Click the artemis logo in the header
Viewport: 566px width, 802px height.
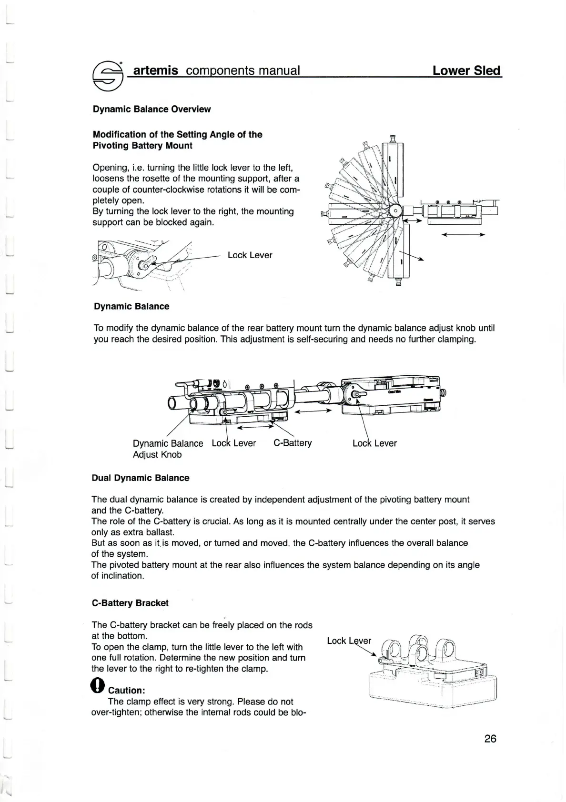pyautogui.click(x=108, y=75)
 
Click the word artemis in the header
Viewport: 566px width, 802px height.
pyautogui.click(x=156, y=70)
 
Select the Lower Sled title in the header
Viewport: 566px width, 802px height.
pyautogui.click(x=466, y=70)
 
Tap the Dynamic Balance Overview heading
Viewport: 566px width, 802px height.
pyautogui.click(x=152, y=109)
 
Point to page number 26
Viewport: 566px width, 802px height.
pyautogui.click(x=490, y=738)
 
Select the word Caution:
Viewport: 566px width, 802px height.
pyautogui.click(x=126, y=690)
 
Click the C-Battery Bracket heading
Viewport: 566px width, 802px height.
pyautogui.click(x=130, y=602)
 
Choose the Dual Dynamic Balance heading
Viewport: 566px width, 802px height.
pyautogui.click(x=141, y=478)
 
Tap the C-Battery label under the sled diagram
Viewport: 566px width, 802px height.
pyautogui.click(x=293, y=443)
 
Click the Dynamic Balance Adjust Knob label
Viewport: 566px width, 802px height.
pyautogui.click(x=168, y=449)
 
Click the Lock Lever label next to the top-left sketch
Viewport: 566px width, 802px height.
pyautogui.click(x=250, y=255)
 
